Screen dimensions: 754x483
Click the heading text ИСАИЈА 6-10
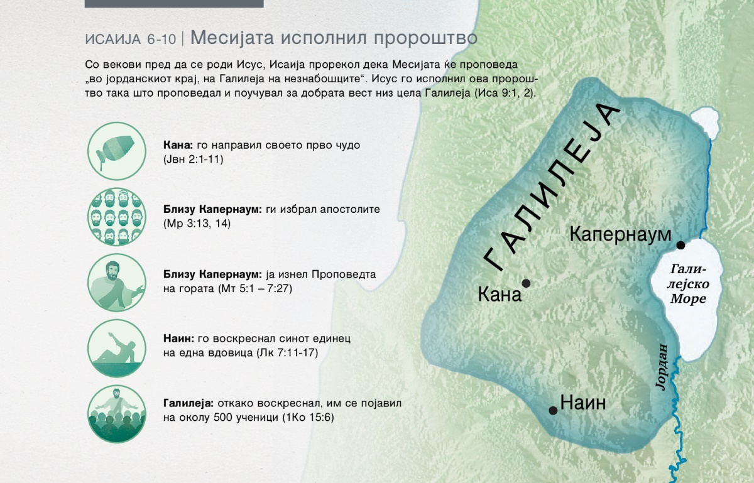tap(131, 40)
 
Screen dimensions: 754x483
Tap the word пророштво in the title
tap(425, 38)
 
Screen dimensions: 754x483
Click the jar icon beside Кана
tap(117, 151)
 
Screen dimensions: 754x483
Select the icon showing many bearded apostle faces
tap(117, 217)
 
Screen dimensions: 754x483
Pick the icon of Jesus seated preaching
tap(117, 282)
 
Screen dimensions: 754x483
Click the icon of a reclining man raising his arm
tap(117, 348)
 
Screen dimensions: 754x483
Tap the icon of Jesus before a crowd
tap(117, 414)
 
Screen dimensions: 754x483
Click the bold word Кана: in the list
tap(178, 145)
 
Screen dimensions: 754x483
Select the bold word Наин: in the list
tap(178, 339)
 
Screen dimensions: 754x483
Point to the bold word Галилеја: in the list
tap(188, 403)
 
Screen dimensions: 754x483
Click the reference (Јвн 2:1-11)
tap(194, 159)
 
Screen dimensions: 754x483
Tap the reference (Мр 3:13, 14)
tap(197, 224)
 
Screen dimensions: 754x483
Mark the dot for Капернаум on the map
tap(680, 245)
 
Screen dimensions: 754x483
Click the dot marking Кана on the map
tap(526, 283)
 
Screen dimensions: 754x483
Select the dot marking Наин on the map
tap(553, 410)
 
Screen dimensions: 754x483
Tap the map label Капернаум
tap(620, 234)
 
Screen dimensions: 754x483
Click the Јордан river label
tap(662, 367)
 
